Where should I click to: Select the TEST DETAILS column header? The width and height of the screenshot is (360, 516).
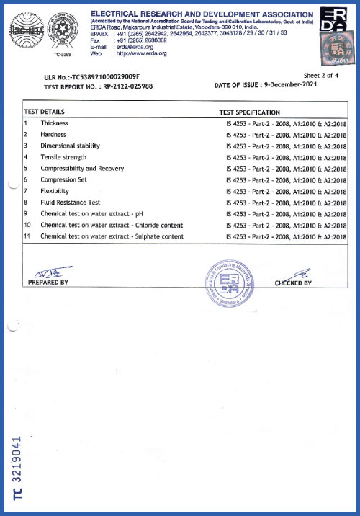tap(45, 112)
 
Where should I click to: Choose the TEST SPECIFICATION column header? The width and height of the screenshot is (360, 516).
tap(249, 112)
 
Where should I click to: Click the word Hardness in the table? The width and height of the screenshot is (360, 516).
tap(54, 135)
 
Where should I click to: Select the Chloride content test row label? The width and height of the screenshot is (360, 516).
tap(112, 225)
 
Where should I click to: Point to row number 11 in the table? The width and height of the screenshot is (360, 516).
tap(27, 236)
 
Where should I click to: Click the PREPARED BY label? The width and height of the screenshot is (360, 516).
tap(48, 283)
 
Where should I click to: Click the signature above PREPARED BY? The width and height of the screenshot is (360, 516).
tap(47, 272)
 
